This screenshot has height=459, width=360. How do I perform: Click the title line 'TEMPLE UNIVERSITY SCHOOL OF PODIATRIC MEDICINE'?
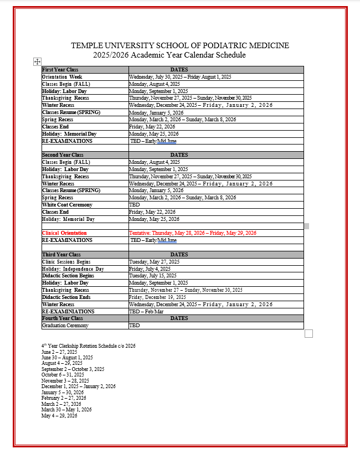pyautogui.click(x=180, y=45)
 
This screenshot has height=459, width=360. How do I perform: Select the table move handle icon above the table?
pyautogui.click(x=37, y=61)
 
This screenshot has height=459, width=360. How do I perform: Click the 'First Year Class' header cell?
pyautogui.click(x=60, y=69)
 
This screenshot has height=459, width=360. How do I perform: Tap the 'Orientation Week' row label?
pyautogui.click(x=62, y=76)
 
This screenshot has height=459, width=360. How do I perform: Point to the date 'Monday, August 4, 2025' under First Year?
pyautogui.click(x=155, y=84)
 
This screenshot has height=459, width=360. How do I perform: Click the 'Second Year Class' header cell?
pyautogui.click(x=63, y=155)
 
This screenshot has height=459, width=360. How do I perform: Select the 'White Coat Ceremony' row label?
pyautogui.click(x=67, y=205)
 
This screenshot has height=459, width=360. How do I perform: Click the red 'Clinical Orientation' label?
pyautogui.click(x=64, y=233)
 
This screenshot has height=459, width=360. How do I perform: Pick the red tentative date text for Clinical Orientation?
pyautogui.click(x=193, y=233)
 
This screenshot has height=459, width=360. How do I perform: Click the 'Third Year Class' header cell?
pyautogui.click(x=61, y=254)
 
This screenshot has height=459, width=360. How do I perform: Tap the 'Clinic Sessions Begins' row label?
pyautogui.click(x=66, y=261)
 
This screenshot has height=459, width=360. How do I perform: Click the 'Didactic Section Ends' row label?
pyautogui.click(x=66, y=297)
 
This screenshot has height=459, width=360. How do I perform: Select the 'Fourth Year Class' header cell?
pyautogui.click(x=63, y=318)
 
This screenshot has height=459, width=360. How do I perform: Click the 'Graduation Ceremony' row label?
pyautogui.click(x=65, y=326)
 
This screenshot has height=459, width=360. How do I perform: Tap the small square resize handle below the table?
pyautogui.click(x=309, y=333)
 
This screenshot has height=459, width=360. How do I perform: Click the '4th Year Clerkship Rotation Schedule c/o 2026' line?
pyautogui.click(x=88, y=345)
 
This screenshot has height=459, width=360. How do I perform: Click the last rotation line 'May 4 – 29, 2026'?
pyautogui.click(x=59, y=415)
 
